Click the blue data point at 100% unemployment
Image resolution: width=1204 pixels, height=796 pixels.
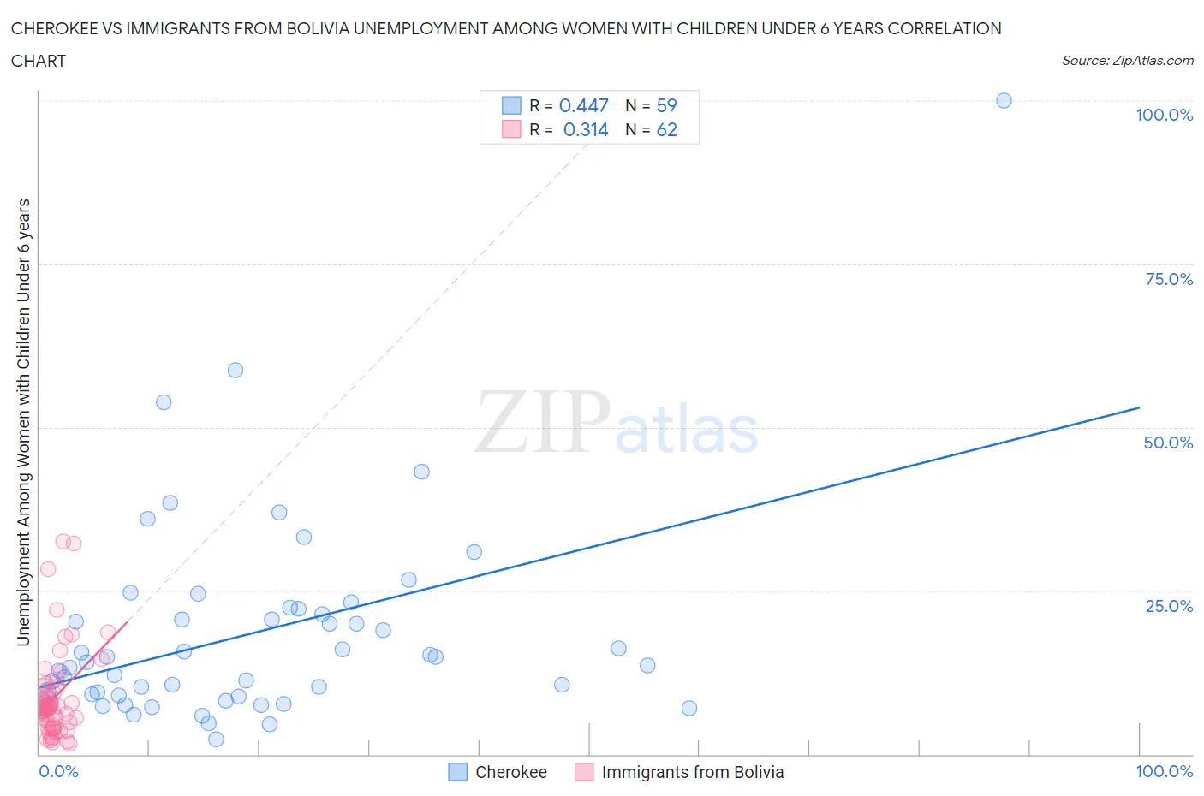click(x=1004, y=101)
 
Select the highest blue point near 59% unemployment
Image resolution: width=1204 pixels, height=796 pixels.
click(x=235, y=371)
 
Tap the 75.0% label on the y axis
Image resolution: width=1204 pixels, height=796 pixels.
click(x=1169, y=279)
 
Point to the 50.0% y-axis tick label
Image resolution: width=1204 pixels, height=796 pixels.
click(x=1168, y=443)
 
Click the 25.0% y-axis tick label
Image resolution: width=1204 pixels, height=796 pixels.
click(x=1169, y=606)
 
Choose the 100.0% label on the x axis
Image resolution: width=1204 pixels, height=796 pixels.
click(x=1164, y=771)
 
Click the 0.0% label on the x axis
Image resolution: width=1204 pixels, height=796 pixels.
click(x=59, y=771)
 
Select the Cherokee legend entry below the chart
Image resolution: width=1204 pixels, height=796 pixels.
click(x=510, y=772)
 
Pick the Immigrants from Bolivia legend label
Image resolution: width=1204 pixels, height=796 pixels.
click(x=692, y=772)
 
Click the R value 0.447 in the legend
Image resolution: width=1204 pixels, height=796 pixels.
click(x=583, y=105)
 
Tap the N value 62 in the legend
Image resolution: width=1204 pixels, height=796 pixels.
click(x=666, y=129)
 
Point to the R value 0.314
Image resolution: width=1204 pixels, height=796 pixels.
click(x=586, y=129)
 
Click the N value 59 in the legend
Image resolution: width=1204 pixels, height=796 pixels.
click(x=666, y=105)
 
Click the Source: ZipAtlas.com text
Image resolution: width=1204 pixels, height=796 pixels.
click(x=1127, y=60)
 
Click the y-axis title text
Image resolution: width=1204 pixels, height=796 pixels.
click(x=23, y=422)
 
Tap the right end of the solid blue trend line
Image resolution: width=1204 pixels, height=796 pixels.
click(x=1139, y=407)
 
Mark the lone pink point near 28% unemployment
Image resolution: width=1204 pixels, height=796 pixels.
click(x=48, y=569)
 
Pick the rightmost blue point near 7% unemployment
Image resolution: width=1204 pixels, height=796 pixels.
click(x=689, y=708)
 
